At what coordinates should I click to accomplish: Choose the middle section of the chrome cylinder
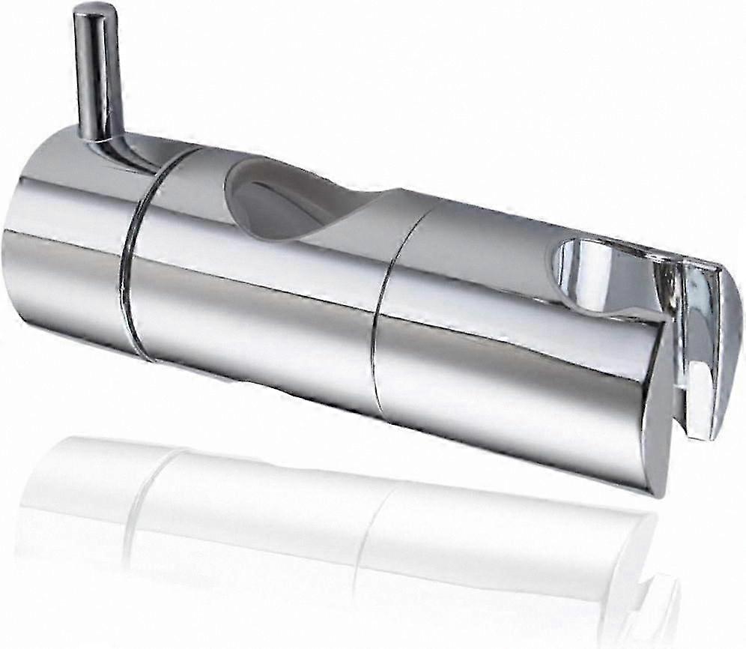(255, 300)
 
